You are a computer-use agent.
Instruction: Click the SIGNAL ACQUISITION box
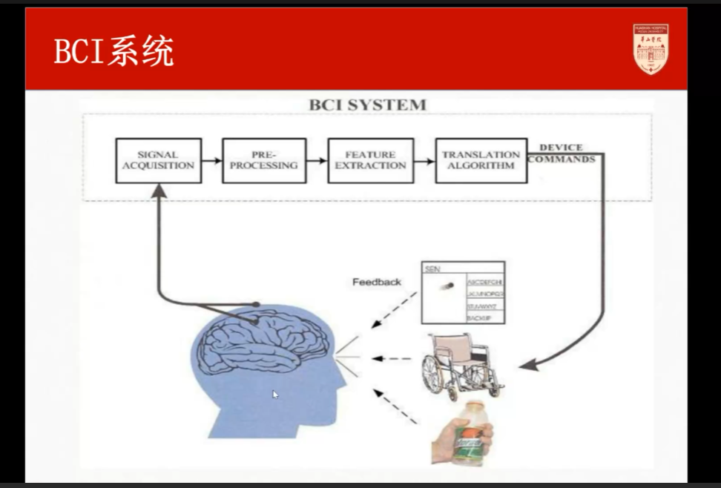tap(158, 160)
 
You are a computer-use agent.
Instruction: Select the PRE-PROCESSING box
tap(263, 160)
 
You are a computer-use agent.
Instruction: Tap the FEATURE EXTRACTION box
tap(370, 160)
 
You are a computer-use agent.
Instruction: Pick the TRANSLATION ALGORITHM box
tap(481, 160)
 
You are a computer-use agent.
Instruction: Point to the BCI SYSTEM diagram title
tap(367, 105)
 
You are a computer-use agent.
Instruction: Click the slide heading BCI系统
tap(113, 52)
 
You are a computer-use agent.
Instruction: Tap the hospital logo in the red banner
tap(651, 49)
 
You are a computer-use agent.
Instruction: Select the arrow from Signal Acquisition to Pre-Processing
tap(211, 160)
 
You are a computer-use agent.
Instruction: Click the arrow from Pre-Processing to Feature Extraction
tap(317, 160)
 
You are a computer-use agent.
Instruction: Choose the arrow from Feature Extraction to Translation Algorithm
tap(424, 160)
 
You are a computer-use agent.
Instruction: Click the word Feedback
tap(377, 282)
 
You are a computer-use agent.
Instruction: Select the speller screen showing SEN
tap(463, 292)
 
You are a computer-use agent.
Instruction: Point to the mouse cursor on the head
tap(275, 395)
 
